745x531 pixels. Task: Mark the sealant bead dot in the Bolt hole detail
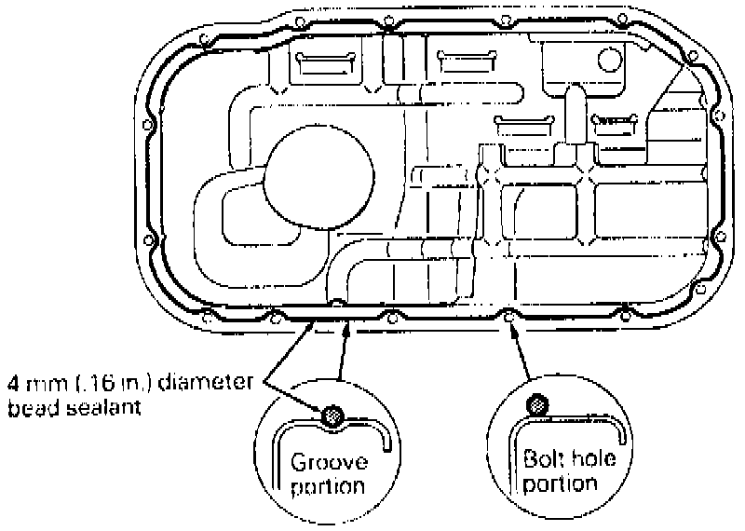point(536,405)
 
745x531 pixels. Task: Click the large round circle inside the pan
point(318,176)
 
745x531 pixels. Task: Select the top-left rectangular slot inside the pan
point(327,65)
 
